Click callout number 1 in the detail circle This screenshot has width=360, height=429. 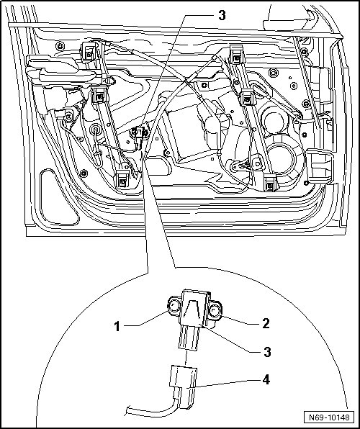coord(117,326)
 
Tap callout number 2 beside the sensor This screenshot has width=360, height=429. coord(266,323)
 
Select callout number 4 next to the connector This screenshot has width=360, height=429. coord(266,379)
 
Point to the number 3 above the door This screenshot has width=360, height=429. coord(222,16)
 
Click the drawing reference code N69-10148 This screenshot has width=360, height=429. coord(329,417)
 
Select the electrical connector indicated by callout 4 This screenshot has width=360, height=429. coord(183,387)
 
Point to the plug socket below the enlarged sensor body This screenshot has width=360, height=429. coord(189,338)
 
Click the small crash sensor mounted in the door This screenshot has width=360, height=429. coord(139,134)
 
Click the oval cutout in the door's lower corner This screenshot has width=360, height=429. coord(58,197)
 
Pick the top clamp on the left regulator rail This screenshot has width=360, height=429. coord(89,51)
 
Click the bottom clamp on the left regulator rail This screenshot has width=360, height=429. coord(122,179)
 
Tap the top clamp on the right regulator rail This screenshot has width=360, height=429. coord(237,54)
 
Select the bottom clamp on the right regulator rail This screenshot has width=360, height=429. coord(271,183)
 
